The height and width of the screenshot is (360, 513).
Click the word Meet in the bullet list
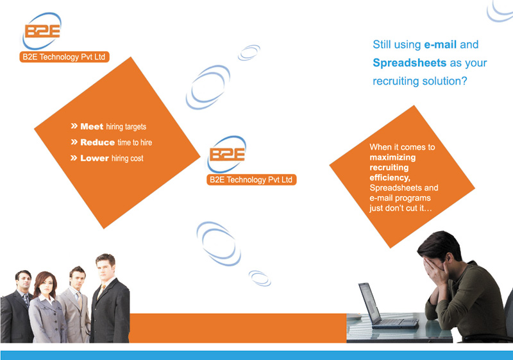click(92, 126)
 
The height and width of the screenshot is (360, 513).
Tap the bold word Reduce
click(97, 142)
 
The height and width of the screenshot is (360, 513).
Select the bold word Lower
click(94, 158)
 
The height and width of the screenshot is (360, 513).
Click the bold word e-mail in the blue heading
click(440, 44)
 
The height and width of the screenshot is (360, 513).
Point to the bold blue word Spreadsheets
click(410, 63)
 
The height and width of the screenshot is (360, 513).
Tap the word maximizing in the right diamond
click(392, 157)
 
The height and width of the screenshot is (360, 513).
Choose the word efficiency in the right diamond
click(390, 178)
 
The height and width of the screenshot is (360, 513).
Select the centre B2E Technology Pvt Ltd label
click(251, 180)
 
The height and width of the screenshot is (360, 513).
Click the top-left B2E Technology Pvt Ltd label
click(64, 57)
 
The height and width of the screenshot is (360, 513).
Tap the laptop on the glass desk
click(385, 306)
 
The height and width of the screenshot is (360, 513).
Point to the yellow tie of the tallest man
click(101, 291)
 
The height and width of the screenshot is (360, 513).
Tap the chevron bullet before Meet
click(74, 126)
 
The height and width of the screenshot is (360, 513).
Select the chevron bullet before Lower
click(74, 158)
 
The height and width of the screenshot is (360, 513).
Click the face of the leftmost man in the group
click(23, 281)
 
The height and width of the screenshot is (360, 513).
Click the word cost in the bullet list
click(137, 159)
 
